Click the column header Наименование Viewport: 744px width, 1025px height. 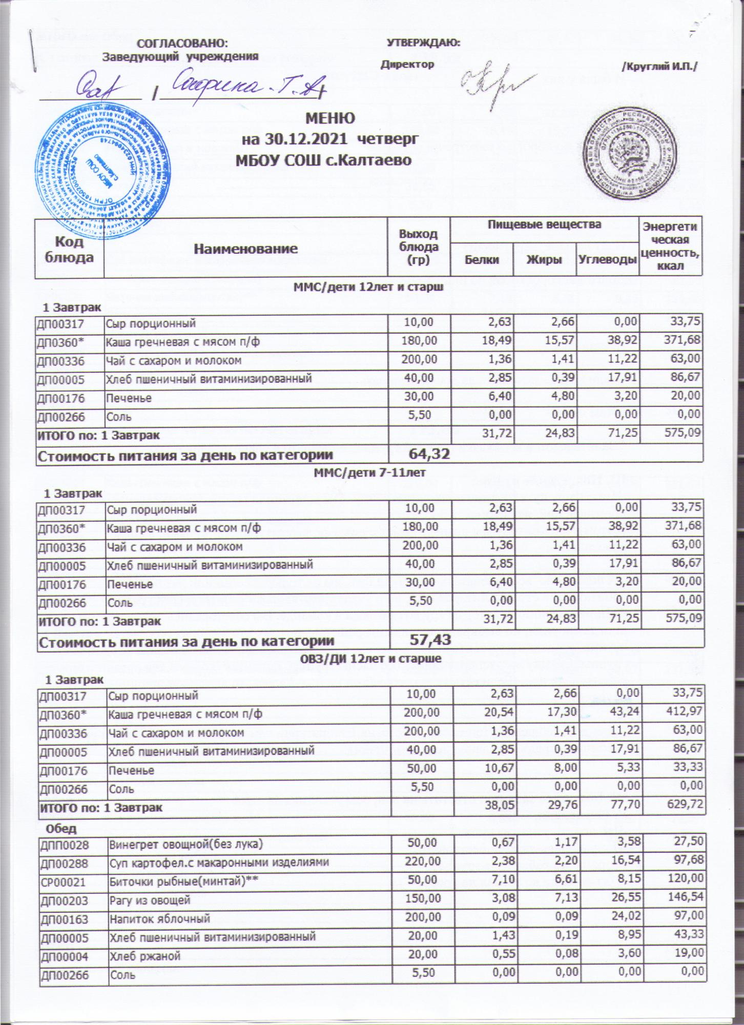pos(245,249)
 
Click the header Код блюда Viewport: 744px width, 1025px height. pos(70,250)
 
